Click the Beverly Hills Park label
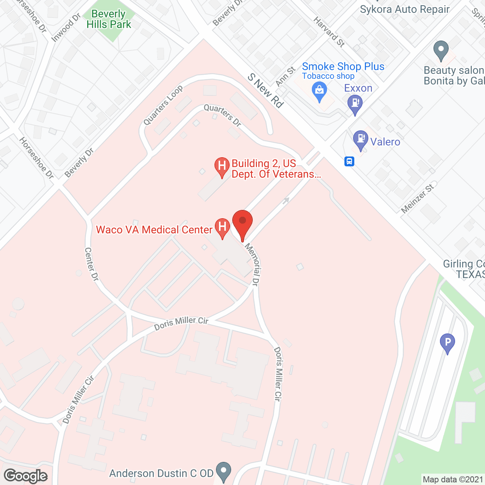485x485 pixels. tap(108, 19)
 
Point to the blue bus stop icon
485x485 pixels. tap(349, 162)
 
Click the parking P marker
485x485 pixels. tap(447, 343)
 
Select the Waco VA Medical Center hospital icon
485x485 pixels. tap(222, 228)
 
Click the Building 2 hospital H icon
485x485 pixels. tap(222, 166)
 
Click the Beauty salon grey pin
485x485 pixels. tap(441, 50)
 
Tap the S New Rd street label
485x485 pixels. tap(266, 91)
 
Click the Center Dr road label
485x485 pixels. tap(91, 264)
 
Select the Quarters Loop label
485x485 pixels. tap(163, 105)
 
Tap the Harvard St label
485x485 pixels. tap(329, 32)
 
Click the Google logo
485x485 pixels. tap(26, 476)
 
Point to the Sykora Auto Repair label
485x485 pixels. tap(405, 9)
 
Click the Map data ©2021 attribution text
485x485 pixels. tap(453, 480)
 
